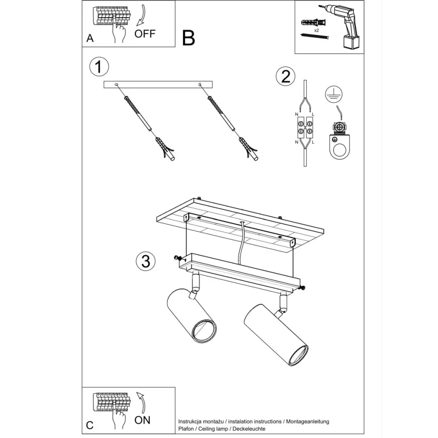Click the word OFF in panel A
tap(144, 34)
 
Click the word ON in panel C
tap(142, 420)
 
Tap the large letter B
tap(189, 38)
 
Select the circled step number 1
tap(99, 67)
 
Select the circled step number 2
tap(285, 76)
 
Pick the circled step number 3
tap(145, 261)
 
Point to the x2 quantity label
tap(316, 30)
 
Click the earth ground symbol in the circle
tap(334, 94)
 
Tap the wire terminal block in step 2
tap(305, 127)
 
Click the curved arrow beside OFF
tap(142, 16)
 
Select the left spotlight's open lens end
tap(205, 331)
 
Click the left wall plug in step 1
tap(165, 148)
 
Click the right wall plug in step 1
tap(249, 149)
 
